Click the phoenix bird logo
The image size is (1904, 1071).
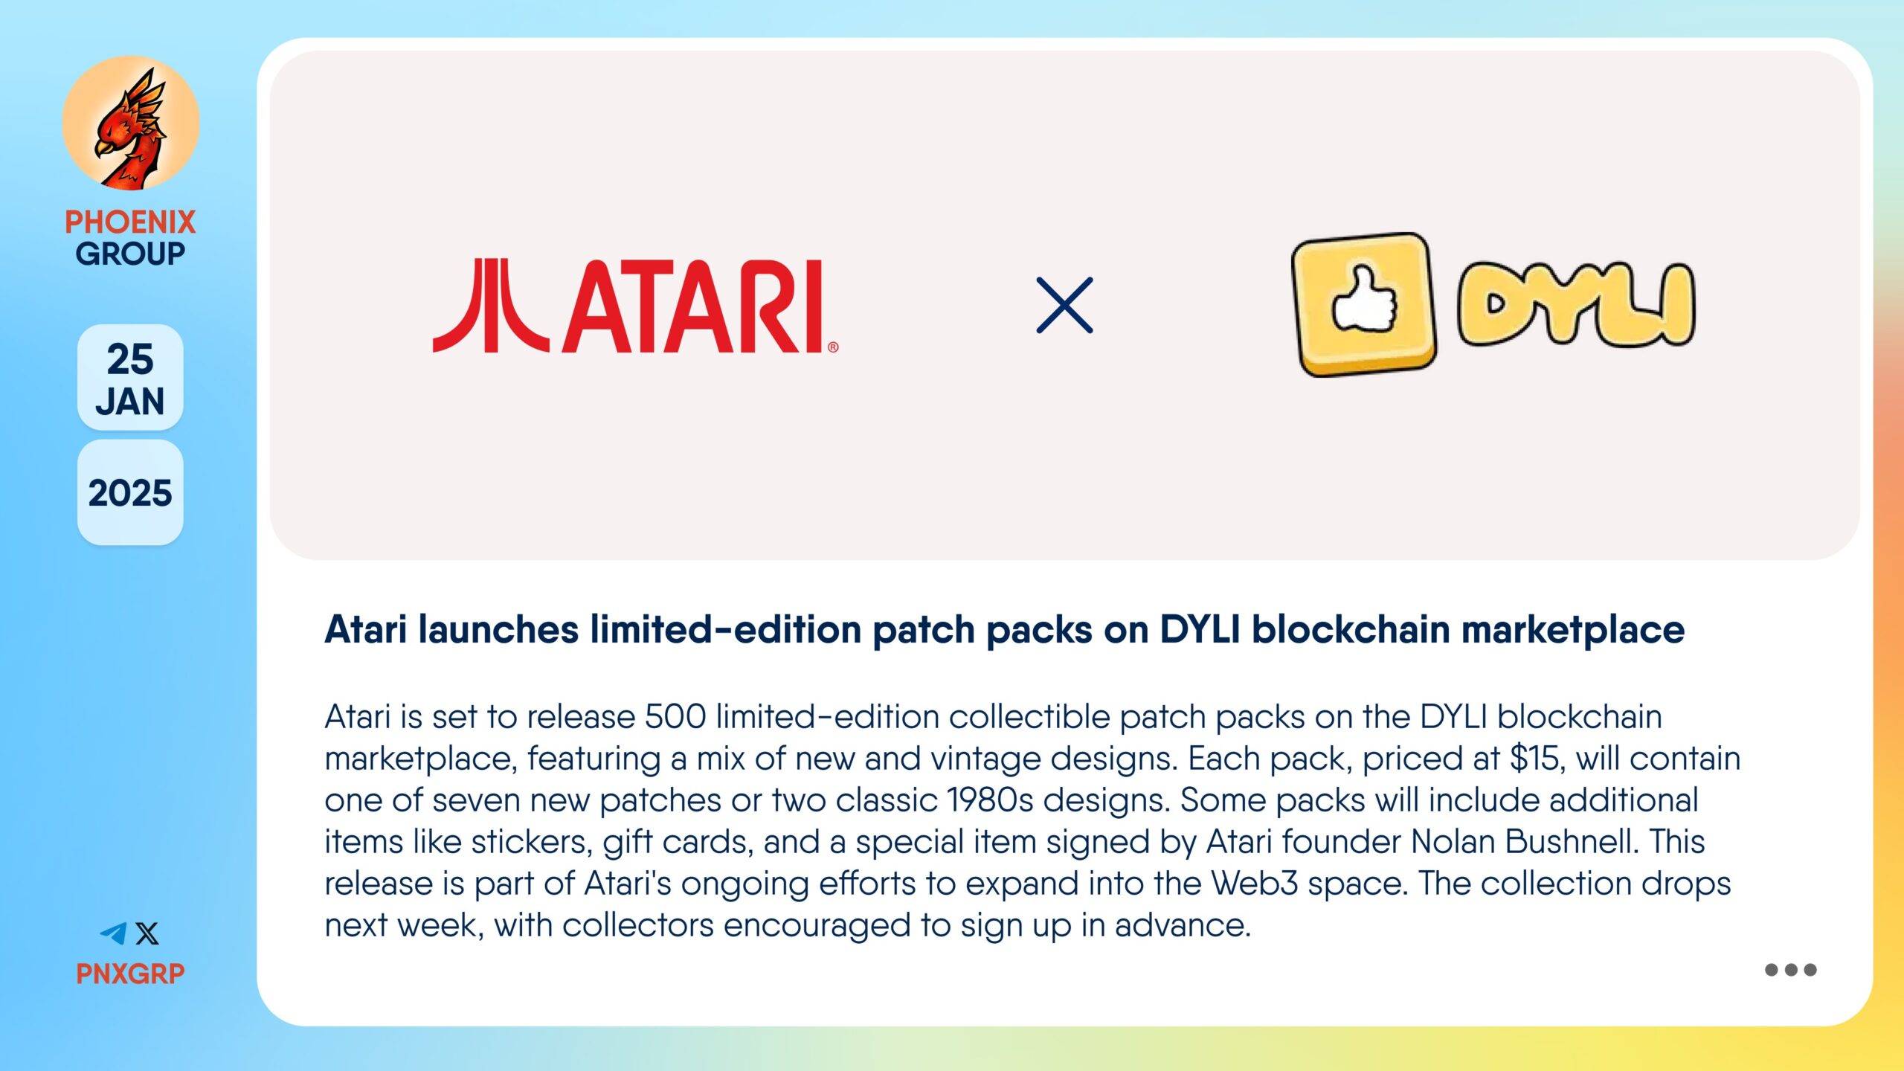point(131,123)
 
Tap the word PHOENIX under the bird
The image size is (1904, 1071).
point(130,222)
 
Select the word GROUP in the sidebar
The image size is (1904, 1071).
point(130,254)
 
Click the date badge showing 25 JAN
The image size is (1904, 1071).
point(130,378)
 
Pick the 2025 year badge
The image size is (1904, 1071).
point(130,492)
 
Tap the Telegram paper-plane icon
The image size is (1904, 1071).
point(114,933)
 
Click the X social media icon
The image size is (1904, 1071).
point(147,933)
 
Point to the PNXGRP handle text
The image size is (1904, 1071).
point(130,974)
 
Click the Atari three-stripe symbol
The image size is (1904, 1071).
point(491,306)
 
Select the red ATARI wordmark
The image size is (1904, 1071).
point(699,306)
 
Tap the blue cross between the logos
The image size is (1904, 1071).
point(1064,305)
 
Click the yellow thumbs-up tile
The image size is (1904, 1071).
point(1364,304)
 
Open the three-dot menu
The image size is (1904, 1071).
point(1791,970)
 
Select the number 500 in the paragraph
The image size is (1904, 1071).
point(675,717)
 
